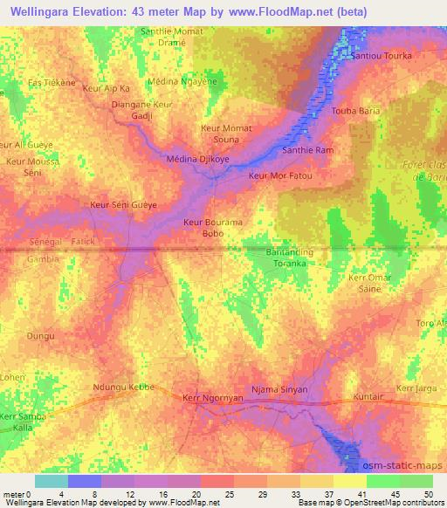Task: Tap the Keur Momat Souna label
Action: coord(226,134)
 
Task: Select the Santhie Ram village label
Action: coord(307,151)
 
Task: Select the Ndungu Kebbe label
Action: coord(123,387)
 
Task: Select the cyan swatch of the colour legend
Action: coord(52,481)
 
